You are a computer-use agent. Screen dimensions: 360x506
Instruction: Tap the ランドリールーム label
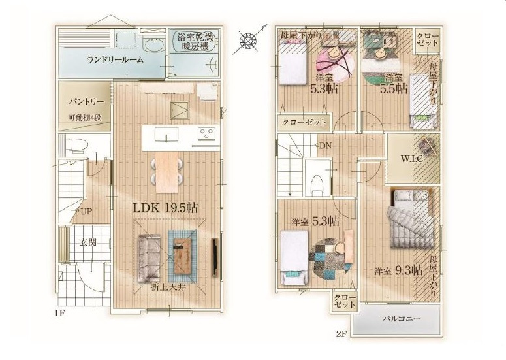coord(116,59)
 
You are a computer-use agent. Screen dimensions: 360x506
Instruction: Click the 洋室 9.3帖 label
coord(398,269)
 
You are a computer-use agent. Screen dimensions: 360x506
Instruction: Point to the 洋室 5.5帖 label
coord(390,83)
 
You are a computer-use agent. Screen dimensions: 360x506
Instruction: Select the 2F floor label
coord(341,335)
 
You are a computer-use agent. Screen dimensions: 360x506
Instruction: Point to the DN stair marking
coord(323,145)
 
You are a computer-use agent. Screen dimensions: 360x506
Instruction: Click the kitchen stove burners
coord(208,135)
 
